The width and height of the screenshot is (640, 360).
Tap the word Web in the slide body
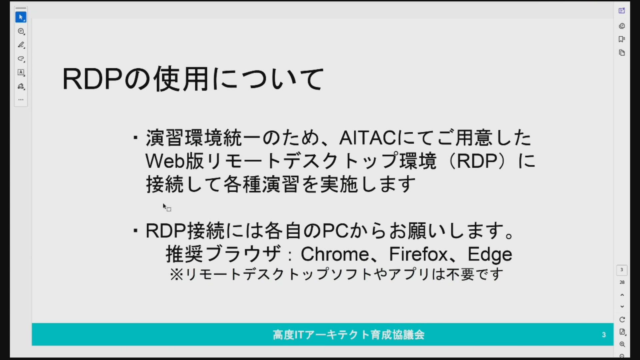pos(165,161)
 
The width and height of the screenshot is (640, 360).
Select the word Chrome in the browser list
pos(335,254)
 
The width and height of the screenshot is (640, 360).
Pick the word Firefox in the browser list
pos(418,254)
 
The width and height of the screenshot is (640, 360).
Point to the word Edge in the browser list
pos(490,255)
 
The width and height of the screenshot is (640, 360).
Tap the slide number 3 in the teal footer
pos(604,335)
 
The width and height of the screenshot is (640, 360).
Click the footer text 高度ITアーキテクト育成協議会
pos(348,335)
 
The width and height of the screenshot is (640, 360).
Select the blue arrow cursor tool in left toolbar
pos(21,17)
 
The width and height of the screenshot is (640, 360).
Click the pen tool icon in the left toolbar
pos(21,45)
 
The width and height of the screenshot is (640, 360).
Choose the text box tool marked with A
pos(21,72)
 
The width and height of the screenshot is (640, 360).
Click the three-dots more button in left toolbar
pos(21,100)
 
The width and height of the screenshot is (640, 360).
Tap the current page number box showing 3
pos(622,270)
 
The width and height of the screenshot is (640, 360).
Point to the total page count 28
pos(622,282)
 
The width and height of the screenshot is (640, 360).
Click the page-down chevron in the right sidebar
pos(622,307)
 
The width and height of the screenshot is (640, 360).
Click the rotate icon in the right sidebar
pos(622,320)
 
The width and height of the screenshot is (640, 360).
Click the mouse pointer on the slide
pos(164,206)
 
